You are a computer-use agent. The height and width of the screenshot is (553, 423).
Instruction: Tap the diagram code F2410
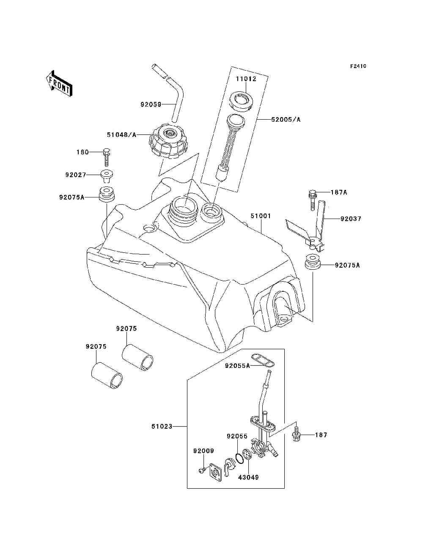358,66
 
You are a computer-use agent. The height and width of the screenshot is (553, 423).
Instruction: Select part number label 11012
246,79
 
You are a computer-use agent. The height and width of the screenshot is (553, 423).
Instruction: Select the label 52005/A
286,120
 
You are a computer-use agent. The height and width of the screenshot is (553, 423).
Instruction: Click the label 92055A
237,366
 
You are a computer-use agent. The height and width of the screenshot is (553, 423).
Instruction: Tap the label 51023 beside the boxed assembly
162,427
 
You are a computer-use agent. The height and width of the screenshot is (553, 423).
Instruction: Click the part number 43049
248,477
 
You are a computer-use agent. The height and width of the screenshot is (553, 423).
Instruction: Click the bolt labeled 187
296,435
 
